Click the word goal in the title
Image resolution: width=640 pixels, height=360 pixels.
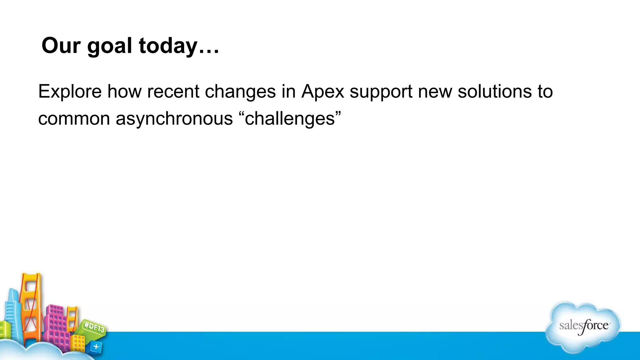click(x=109, y=46)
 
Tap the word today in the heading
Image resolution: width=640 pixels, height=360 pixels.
click(x=168, y=46)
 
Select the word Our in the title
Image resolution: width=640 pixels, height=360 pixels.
click(x=61, y=46)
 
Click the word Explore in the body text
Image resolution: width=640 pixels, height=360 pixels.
click(x=70, y=92)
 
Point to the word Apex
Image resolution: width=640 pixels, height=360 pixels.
click(x=322, y=92)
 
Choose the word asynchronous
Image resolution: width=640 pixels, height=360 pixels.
click(x=174, y=119)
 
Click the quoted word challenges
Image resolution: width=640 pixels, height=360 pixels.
click(x=290, y=119)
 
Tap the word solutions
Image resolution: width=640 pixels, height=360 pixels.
click(x=494, y=92)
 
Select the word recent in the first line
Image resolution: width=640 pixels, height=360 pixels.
click(x=173, y=92)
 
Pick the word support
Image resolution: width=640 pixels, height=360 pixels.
click(x=381, y=92)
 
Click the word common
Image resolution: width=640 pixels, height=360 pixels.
click(x=74, y=119)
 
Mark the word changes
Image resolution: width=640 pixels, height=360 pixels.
click(x=240, y=92)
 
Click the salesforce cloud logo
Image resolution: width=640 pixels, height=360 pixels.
click(x=583, y=327)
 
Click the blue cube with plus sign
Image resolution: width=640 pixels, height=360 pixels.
click(x=96, y=347)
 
